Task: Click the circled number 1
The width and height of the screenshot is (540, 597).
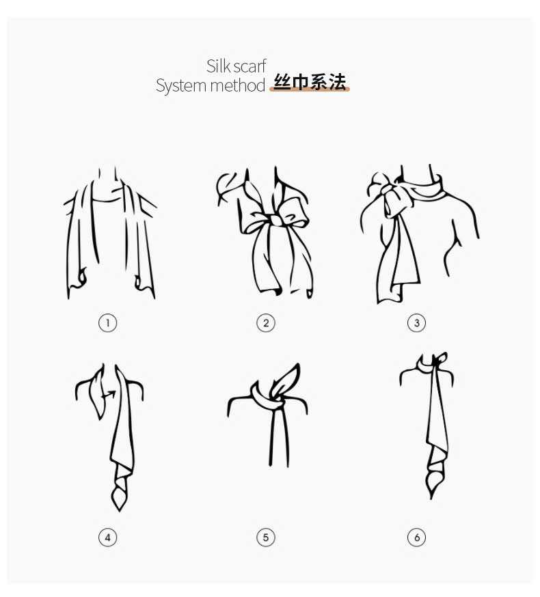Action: click(x=107, y=323)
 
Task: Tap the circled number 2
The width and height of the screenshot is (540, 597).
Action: click(x=266, y=323)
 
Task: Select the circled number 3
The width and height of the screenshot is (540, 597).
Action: click(x=416, y=323)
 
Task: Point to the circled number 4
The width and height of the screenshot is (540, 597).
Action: click(x=107, y=537)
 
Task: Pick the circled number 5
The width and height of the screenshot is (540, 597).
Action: click(x=266, y=537)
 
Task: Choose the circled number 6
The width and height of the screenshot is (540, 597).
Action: click(x=416, y=537)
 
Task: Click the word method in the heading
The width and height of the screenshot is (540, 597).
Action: click(x=237, y=85)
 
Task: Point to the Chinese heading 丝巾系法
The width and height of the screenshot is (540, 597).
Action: click(x=310, y=82)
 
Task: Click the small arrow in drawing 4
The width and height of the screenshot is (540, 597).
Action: click(x=110, y=394)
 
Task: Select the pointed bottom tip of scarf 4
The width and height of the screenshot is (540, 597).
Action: click(x=119, y=510)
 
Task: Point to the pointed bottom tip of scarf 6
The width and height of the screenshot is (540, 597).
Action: click(x=431, y=496)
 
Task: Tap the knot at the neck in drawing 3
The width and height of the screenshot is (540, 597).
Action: click(x=388, y=189)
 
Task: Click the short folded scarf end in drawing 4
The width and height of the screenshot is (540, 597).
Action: click(x=97, y=392)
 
